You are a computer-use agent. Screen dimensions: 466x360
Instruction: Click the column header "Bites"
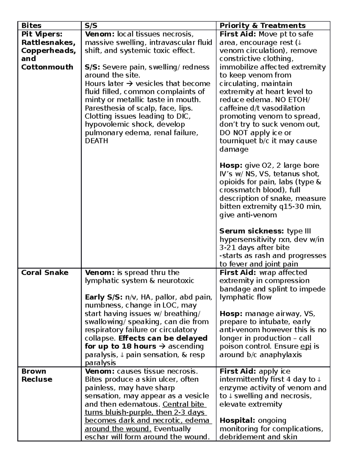(x=31, y=26)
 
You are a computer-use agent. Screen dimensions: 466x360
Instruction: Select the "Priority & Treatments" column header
(x=262, y=26)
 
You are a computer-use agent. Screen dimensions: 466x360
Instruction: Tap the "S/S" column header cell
(x=91, y=26)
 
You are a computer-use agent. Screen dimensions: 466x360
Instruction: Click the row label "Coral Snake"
(x=45, y=272)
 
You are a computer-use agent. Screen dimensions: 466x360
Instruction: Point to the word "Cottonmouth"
(x=47, y=67)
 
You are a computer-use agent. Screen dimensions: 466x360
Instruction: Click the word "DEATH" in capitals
(x=96, y=141)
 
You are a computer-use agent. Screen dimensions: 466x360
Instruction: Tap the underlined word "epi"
(x=306, y=346)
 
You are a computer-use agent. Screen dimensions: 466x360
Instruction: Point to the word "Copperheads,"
(x=48, y=50)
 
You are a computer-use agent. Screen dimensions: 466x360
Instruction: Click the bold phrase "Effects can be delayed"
(x=163, y=338)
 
